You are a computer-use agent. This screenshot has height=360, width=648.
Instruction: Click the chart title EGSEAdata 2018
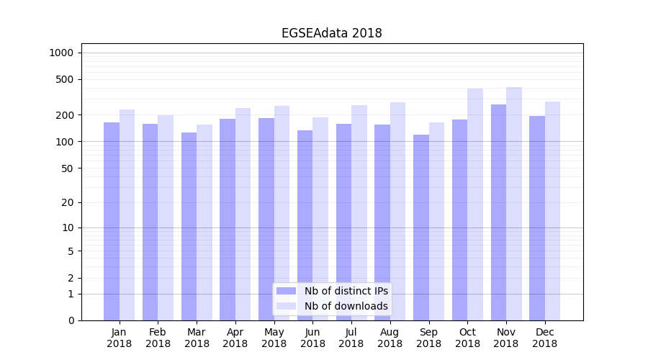pos(331,33)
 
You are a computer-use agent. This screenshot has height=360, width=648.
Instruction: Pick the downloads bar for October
pos(475,204)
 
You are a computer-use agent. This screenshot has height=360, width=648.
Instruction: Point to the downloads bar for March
pos(204,222)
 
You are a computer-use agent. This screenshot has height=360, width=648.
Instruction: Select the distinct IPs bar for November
pos(498,212)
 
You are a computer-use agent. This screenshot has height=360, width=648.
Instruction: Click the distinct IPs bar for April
pos(228,220)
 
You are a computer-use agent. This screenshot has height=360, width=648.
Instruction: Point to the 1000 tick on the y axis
pos(61,53)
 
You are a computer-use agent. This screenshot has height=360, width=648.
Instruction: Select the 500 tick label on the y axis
pos(64,79)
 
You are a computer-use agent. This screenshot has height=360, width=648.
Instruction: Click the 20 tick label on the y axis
pos(67,202)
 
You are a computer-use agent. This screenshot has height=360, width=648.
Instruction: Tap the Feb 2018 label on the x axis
pos(158,338)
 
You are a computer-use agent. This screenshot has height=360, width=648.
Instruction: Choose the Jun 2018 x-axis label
pos(312,338)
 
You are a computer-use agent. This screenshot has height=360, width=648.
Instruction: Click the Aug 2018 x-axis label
pos(390,338)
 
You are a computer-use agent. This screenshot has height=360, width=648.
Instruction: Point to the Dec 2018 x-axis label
pos(545,338)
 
